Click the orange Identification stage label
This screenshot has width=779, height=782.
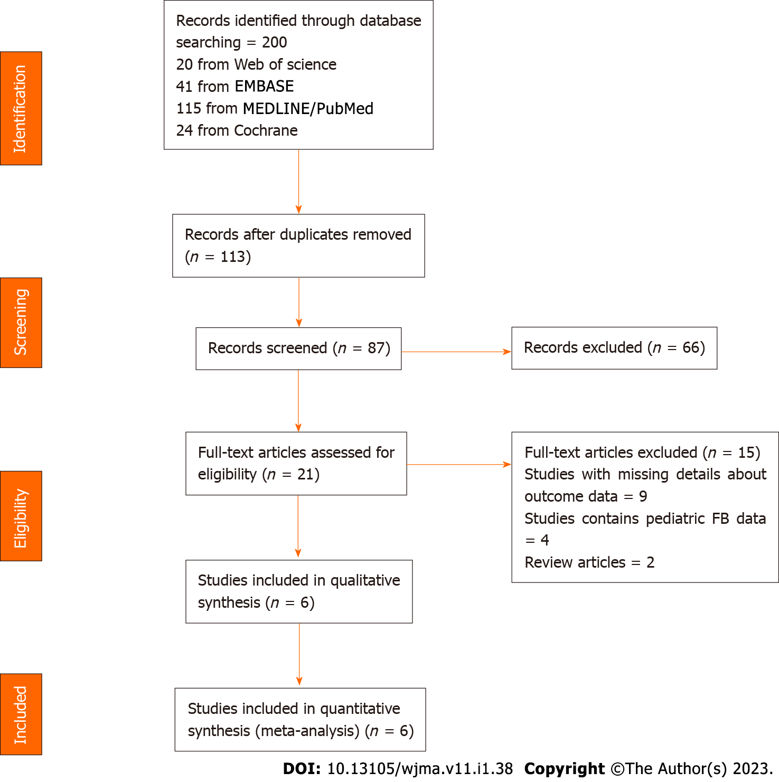click(x=21, y=108)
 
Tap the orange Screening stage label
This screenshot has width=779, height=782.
click(x=21, y=322)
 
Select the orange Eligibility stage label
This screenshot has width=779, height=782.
click(x=21, y=516)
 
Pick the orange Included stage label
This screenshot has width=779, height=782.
click(x=21, y=714)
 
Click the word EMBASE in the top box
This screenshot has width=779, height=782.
click(x=264, y=86)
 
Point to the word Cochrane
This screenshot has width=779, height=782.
click(x=266, y=130)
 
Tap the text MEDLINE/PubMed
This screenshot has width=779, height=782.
click(x=308, y=108)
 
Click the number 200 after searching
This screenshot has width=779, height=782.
click(x=274, y=42)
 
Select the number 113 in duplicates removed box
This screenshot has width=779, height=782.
click(x=232, y=257)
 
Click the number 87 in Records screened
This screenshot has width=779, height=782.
click(x=376, y=348)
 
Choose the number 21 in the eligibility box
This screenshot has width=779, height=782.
click(x=305, y=474)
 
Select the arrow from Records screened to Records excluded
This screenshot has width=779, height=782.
click(x=456, y=352)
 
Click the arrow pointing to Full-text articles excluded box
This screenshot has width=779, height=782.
click(x=458, y=465)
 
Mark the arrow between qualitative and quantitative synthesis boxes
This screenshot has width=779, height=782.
click(x=299, y=655)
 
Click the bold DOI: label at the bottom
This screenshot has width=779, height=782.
click(x=302, y=769)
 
